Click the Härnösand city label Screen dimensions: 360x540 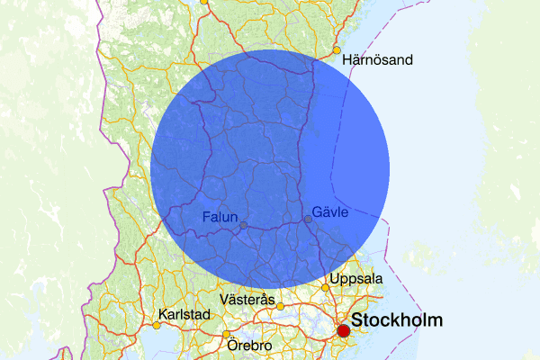pyautogui.click(x=378, y=60)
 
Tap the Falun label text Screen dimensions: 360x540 pyautogui.click(x=220, y=217)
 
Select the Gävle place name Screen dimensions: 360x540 pyautogui.click(x=329, y=211)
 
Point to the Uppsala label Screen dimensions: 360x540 pyautogui.click(x=356, y=279)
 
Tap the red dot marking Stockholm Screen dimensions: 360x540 pyautogui.click(x=343, y=331)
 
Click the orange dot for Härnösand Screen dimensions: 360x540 pyautogui.click(x=337, y=50)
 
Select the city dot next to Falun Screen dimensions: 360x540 pyautogui.click(x=243, y=225)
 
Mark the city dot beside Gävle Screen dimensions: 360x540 pyautogui.click(x=308, y=219)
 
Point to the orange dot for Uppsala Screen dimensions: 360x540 pyautogui.click(x=326, y=288)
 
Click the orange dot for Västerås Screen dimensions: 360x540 pyautogui.click(x=280, y=306)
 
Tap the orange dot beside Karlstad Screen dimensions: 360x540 pyautogui.click(x=156, y=325)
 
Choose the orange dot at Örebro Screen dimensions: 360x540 pyautogui.click(x=226, y=335)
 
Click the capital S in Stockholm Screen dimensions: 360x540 pyautogui.click(x=357, y=320)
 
